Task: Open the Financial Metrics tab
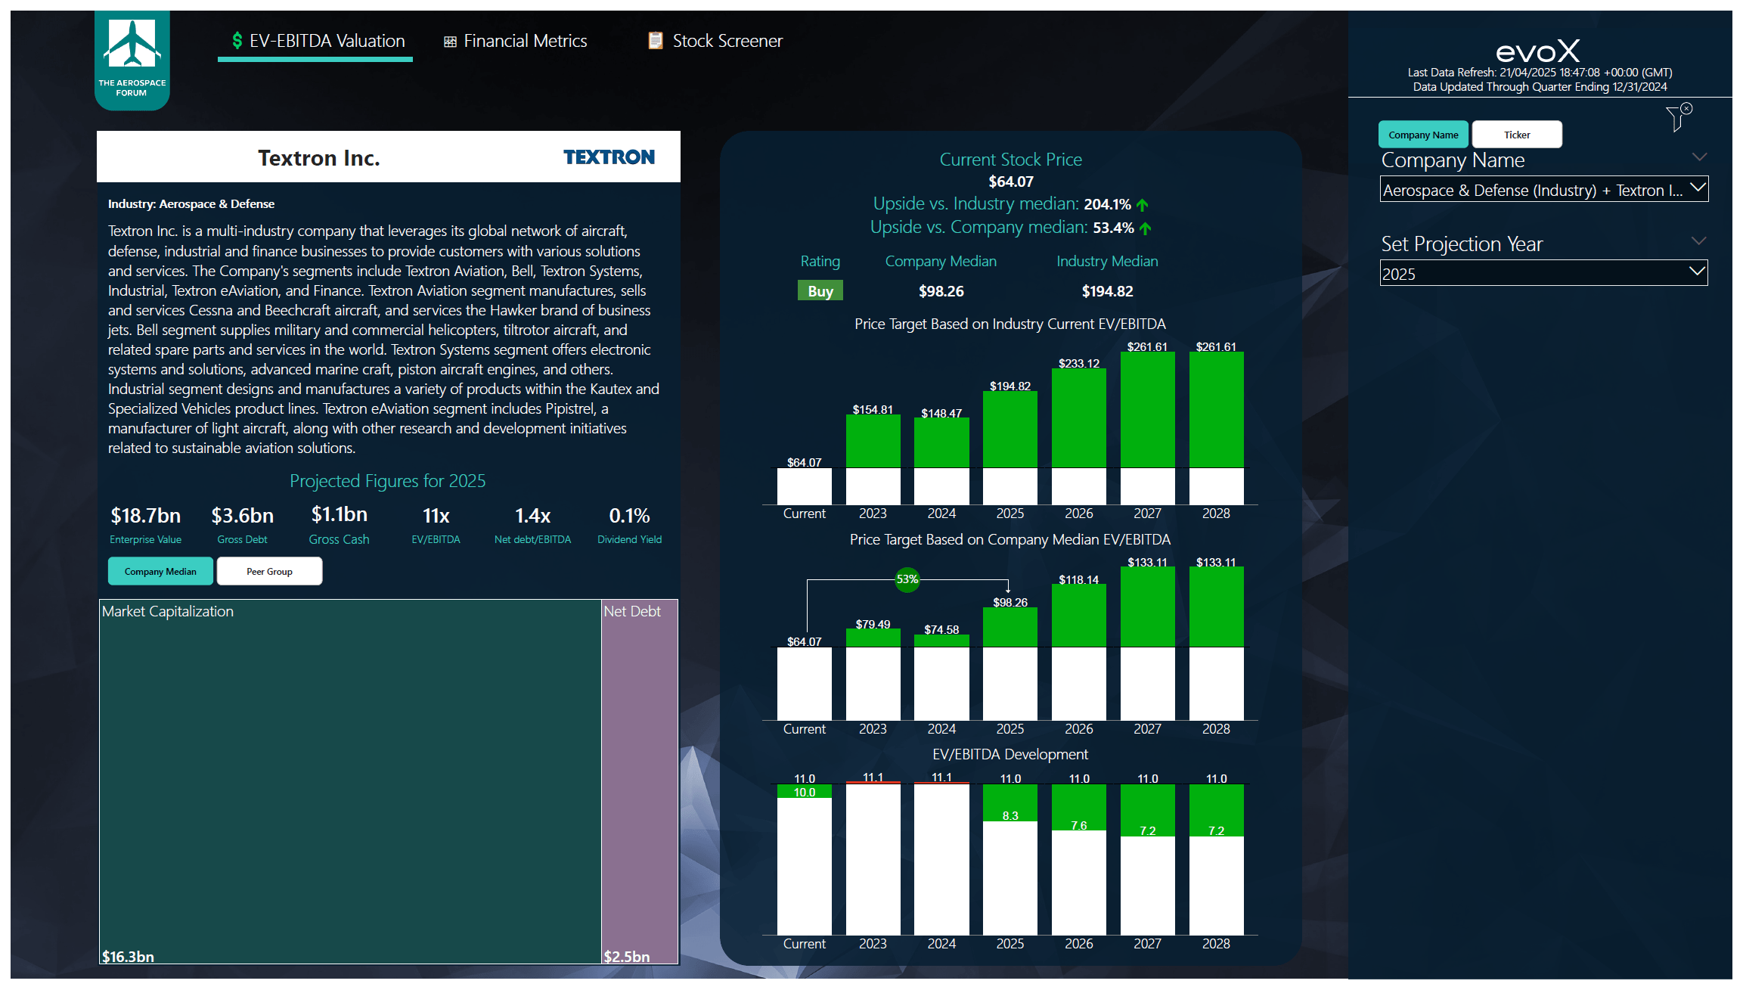coord(516,41)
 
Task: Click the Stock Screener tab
coord(715,41)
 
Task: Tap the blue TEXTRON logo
coord(609,157)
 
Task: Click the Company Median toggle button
coord(160,572)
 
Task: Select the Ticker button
coord(1516,135)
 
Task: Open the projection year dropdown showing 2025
coord(1543,274)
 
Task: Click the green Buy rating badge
coord(820,291)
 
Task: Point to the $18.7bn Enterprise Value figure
coord(146,516)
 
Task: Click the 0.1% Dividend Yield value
coord(629,516)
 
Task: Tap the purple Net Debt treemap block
coord(640,779)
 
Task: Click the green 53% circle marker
coord(907,579)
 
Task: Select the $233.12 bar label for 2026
coord(1078,364)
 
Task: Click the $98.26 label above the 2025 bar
coord(1010,603)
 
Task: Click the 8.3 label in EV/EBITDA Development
coord(1010,816)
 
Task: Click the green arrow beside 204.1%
coord(1143,205)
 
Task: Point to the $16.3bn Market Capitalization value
coord(129,957)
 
